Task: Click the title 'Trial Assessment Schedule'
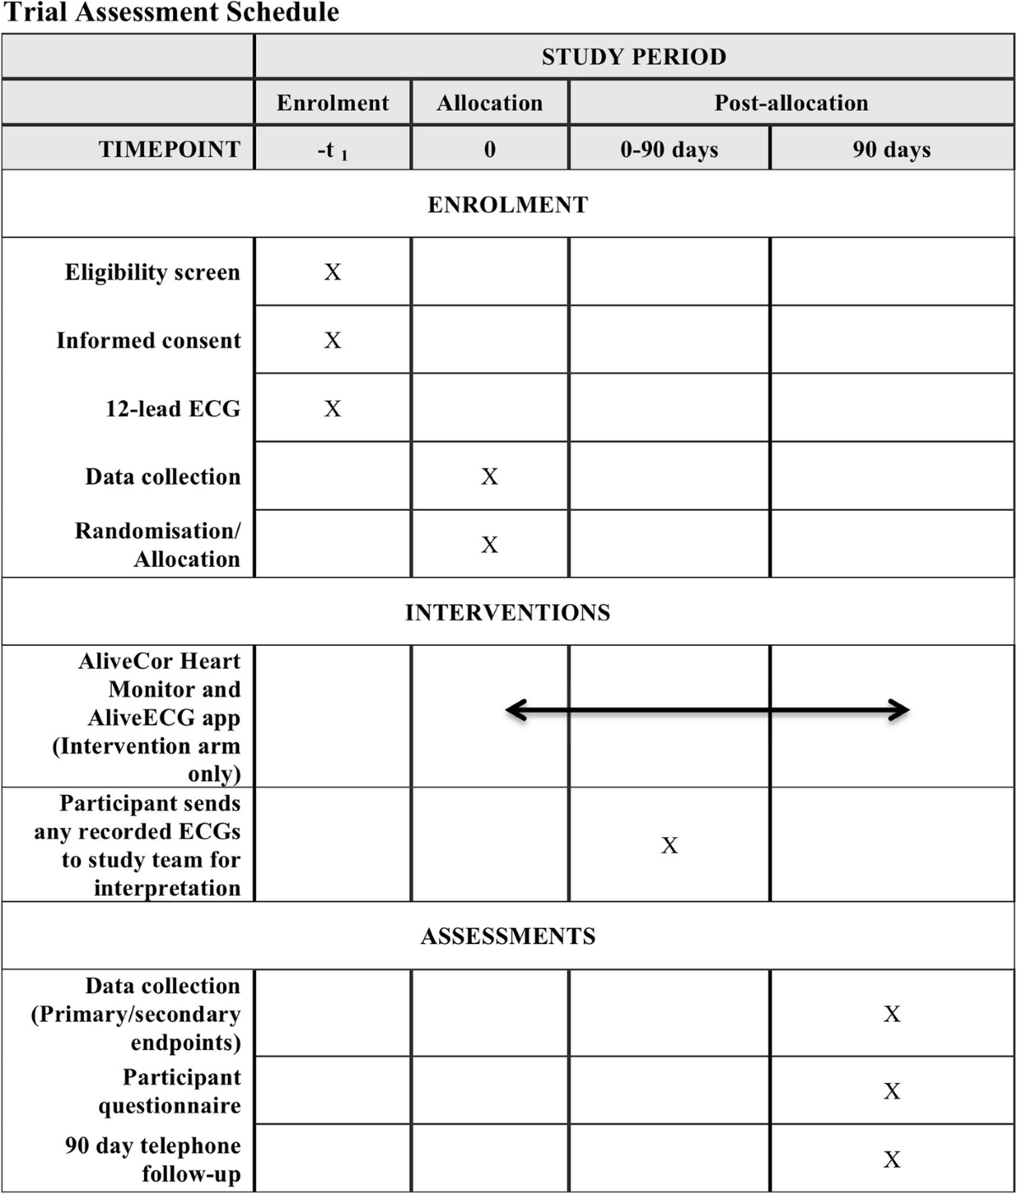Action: pos(171,13)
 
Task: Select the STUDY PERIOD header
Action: pos(634,57)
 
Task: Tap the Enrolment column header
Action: pos(332,103)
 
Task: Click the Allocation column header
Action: pos(490,103)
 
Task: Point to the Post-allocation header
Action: pos(791,103)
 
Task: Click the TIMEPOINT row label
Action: pos(169,149)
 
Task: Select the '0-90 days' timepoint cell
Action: pos(669,150)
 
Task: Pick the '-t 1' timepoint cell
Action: pos(332,151)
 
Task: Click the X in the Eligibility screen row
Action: pos(332,272)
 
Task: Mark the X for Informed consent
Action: pos(332,341)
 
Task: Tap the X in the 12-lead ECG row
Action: pos(332,409)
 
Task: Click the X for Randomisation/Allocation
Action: pos(490,545)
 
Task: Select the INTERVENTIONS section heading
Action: pos(507,613)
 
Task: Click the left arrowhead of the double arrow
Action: pos(512,710)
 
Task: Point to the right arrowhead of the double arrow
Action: pos(902,710)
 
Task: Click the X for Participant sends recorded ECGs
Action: pos(670,845)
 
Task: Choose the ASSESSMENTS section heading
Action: pos(508,936)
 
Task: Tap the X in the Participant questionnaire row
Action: pos(892,1091)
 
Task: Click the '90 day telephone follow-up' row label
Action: pos(153,1159)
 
